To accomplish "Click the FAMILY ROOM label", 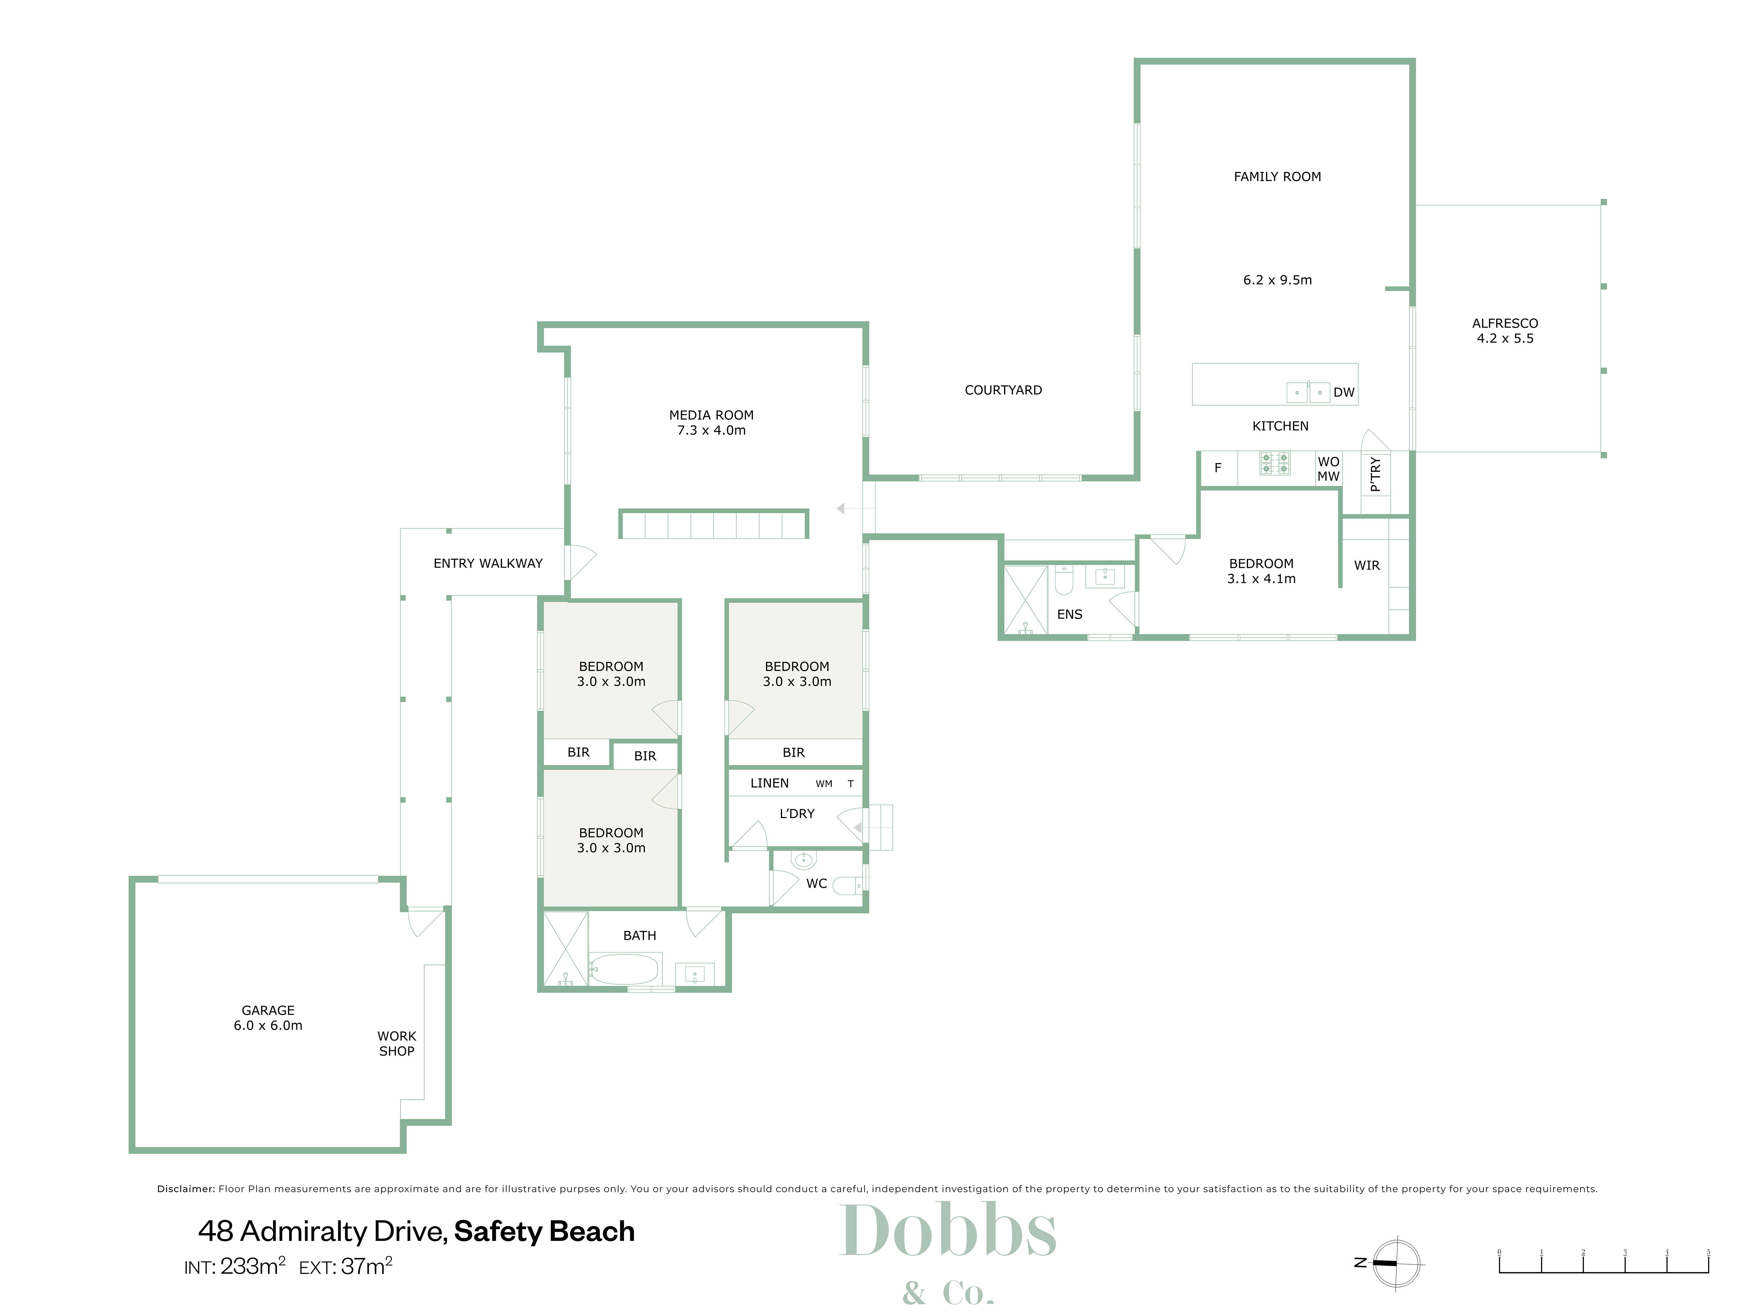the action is [x=1277, y=177].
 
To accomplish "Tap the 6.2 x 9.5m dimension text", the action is [x=1277, y=280].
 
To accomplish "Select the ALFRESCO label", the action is [x=1505, y=324].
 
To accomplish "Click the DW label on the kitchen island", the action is [x=1344, y=393].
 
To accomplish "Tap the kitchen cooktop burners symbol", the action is [x=1275, y=463].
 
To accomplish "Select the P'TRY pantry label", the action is [x=1375, y=474].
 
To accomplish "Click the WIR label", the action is [x=1367, y=565].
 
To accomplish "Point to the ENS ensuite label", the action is [x=1069, y=615].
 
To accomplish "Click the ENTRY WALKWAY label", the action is [x=488, y=564].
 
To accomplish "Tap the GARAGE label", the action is [x=268, y=1011].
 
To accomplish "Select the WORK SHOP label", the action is [x=397, y=1044].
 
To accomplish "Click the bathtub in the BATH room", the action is [x=624, y=969].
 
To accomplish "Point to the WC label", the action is [x=816, y=884].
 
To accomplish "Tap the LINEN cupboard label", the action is [x=770, y=784].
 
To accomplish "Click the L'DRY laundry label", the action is [x=797, y=814].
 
